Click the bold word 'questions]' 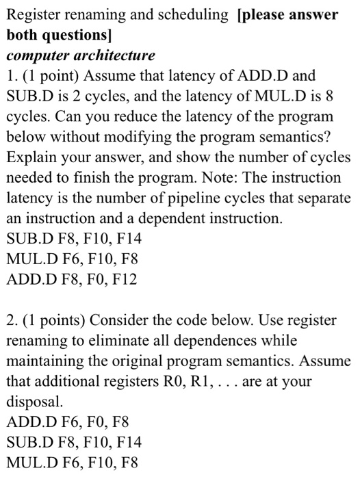pos(66,34)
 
